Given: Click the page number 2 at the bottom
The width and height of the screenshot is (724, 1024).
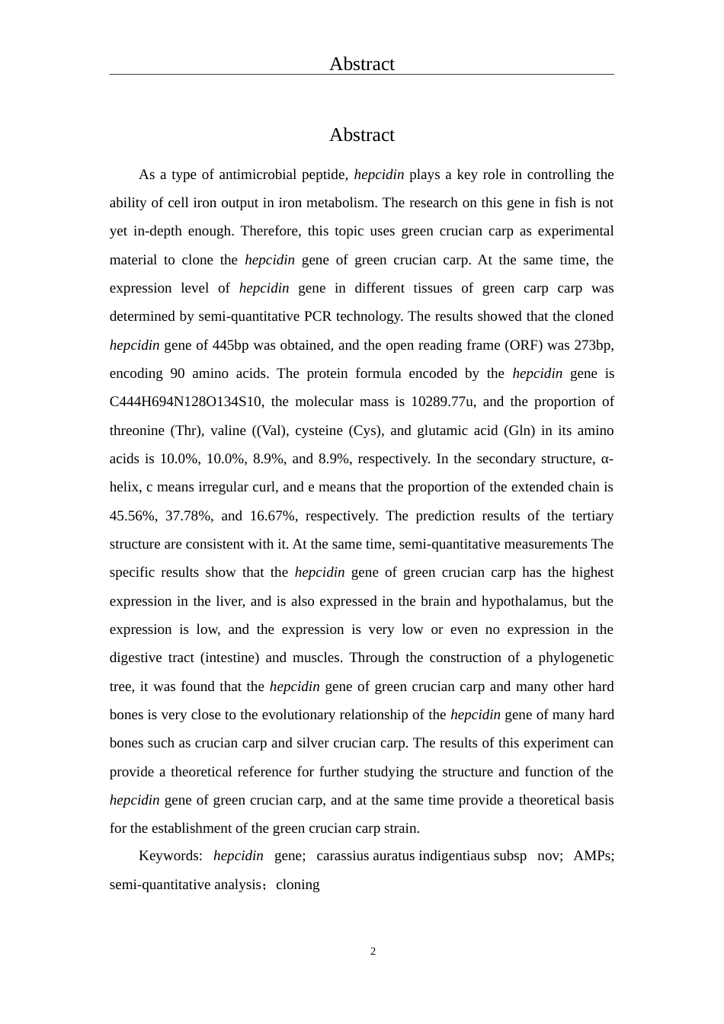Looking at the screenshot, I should click(x=373, y=951).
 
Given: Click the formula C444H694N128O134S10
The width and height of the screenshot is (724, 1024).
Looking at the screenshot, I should click(x=187, y=402).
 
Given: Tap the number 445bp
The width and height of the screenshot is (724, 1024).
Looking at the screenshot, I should click(x=231, y=345).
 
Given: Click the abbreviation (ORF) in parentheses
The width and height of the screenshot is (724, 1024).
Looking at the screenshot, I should click(x=524, y=345).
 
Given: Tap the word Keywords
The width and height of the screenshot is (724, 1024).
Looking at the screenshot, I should click(x=170, y=856).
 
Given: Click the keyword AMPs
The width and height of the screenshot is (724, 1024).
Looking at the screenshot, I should click(x=593, y=856).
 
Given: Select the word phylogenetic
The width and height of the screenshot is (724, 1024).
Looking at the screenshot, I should click(x=576, y=658).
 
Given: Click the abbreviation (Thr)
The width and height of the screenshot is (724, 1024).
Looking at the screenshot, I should click(x=185, y=430).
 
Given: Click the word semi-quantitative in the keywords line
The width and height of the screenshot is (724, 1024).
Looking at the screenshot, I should click(x=185, y=885).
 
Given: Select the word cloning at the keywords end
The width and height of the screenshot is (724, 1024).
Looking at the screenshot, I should click(x=298, y=885).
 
